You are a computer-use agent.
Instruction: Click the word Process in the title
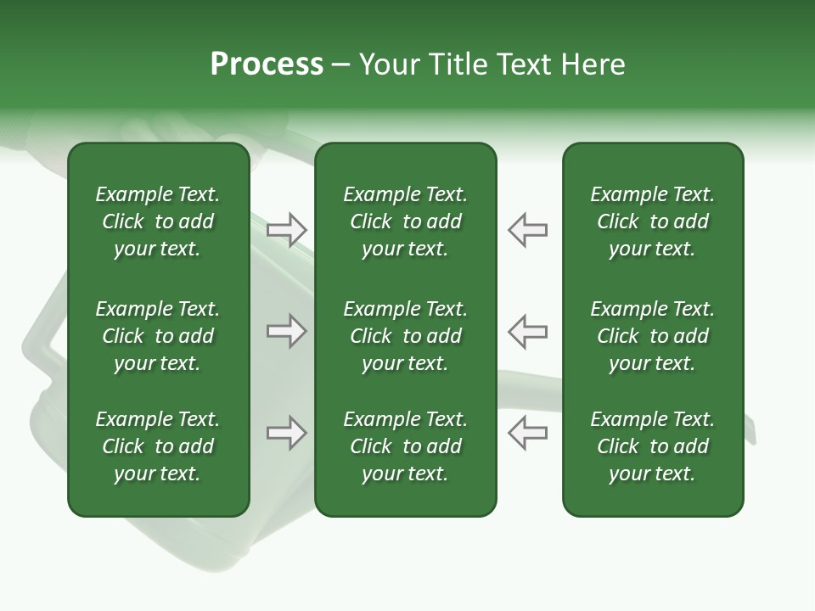coord(267,64)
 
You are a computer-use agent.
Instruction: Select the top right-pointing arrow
coord(286,229)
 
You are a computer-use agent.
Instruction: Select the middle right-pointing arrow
coord(286,331)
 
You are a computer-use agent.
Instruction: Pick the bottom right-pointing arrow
coord(286,433)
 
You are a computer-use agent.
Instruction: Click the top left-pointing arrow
coord(527,229)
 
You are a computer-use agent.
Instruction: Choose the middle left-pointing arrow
coord(527,331)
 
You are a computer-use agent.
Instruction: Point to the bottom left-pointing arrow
coord(527,433)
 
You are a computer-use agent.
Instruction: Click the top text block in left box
coord(158,221)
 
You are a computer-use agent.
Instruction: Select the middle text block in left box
coord(158,336)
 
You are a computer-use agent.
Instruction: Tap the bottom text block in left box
coord(158,446)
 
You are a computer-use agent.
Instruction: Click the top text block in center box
coord(405,221)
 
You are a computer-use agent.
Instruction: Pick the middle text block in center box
coord(405,336)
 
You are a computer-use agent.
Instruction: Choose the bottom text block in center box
coord(405,446)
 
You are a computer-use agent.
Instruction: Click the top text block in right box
coord(652,221)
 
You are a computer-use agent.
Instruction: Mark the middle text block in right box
coord(652,336)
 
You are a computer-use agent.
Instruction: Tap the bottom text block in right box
coord(652,446)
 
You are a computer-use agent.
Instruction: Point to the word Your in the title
coord(387,64)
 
